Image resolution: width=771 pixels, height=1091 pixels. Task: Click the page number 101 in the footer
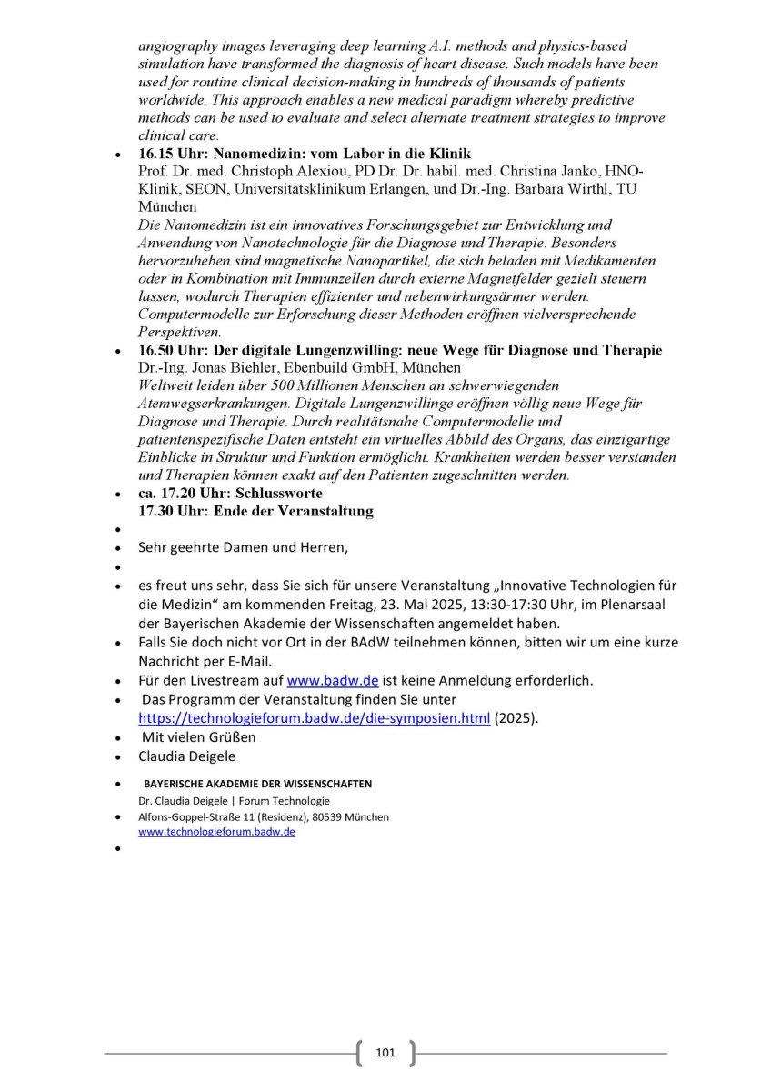click(385, 1053)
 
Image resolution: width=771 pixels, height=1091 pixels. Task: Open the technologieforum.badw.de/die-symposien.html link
click(314, 718)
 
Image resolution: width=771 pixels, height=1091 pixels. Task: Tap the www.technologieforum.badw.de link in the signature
click(216, 832)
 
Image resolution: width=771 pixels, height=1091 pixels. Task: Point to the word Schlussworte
click(278, 493)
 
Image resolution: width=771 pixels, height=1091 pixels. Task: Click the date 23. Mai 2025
click(400, 605)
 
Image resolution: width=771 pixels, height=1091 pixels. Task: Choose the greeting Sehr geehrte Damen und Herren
click(243, 547)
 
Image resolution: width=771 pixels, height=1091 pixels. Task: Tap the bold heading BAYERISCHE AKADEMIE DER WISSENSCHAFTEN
click(257, 784)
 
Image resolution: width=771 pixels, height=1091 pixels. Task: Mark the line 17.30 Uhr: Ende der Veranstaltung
click(255, 511)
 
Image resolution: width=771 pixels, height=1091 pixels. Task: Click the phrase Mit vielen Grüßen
click(198, 736)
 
